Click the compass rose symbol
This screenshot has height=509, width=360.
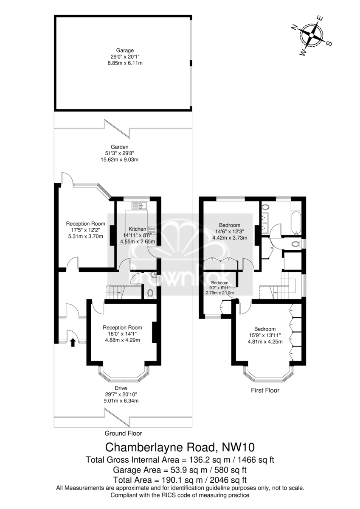pos(311,35)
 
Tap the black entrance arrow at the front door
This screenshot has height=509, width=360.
pos(73,342)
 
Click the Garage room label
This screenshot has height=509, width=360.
pos(125,50)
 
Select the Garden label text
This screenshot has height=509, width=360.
pos(120,147)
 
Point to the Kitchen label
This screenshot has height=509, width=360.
pos(138,229)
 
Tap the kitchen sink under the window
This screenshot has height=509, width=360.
pos(139,205)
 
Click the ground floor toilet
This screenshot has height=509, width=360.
pos(150,294)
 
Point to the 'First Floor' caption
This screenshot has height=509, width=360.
pos(265,390)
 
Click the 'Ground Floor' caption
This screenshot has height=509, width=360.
pos(123,433)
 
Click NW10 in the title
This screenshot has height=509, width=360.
pos(238,447)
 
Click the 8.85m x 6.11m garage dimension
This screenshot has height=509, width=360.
pos(125,63)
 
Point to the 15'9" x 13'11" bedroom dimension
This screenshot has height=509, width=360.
pos(265,335)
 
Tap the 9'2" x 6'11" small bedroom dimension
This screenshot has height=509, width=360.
pos(219,288)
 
